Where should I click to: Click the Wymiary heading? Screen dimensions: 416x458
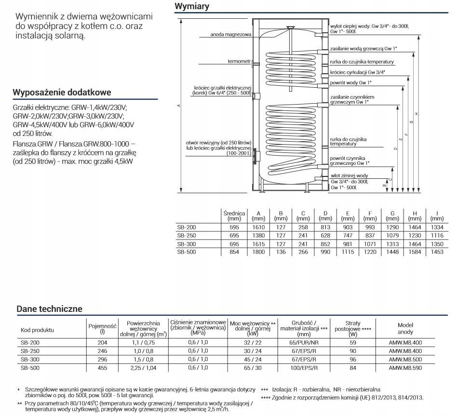[x=192, y=6]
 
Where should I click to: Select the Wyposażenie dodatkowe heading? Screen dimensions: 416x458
[x=62, y=92]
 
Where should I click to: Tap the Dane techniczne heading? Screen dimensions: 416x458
[x=49, y=309]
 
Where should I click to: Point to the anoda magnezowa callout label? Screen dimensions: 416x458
[x=231, y=35]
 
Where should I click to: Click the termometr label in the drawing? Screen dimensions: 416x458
[x=240, y=61]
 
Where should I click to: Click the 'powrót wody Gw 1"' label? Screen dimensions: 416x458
[x=348, y=82]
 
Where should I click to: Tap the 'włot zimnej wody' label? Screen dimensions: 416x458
[x=349, y=175]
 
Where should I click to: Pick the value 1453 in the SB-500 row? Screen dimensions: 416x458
[x=436, y=252]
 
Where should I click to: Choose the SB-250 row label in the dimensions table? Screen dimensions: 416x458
[x=187, y=235]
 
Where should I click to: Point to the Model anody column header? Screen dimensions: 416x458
[x=405, y=329]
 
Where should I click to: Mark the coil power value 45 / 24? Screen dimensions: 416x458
[x=253, y=360]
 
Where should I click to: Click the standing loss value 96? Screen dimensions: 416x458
[x=353, y=360]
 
